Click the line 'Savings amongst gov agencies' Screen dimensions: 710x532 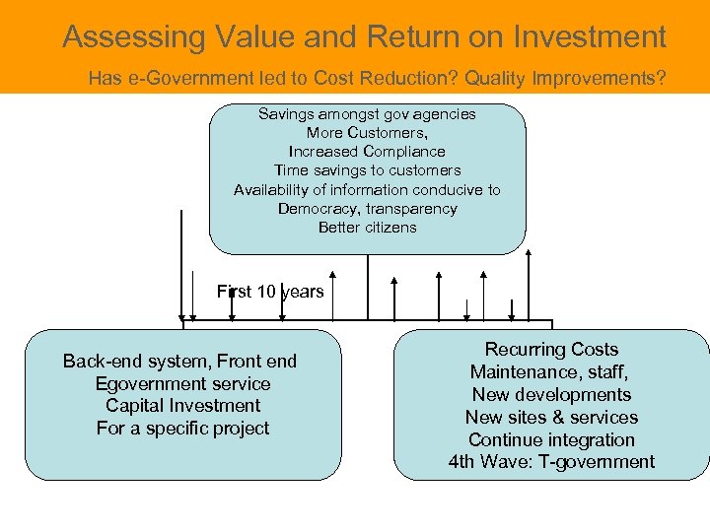click(x=367, y=114)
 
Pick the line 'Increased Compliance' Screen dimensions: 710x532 click(x=367, y=152)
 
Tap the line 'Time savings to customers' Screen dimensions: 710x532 click(x=367, y=170)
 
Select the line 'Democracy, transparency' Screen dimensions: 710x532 click(x=367, y=209)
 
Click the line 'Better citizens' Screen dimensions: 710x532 click(x=367, y=228)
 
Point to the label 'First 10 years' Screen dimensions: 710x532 click(x=270, y=292)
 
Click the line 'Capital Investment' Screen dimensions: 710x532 click(x=182, y=406)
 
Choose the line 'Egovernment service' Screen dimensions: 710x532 click(x=182, y=384)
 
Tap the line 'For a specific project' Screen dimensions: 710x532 click(x=182, y=429)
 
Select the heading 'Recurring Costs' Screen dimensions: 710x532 click(x=551, y=350)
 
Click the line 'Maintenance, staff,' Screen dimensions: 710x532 click(x=551, y=372)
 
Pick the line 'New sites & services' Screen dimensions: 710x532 click(x=551, y=418)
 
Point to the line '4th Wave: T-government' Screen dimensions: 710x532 click(x=551, y=462)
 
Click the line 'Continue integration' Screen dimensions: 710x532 click(x=551, y=440)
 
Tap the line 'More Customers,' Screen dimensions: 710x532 click(x=367, y=133)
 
